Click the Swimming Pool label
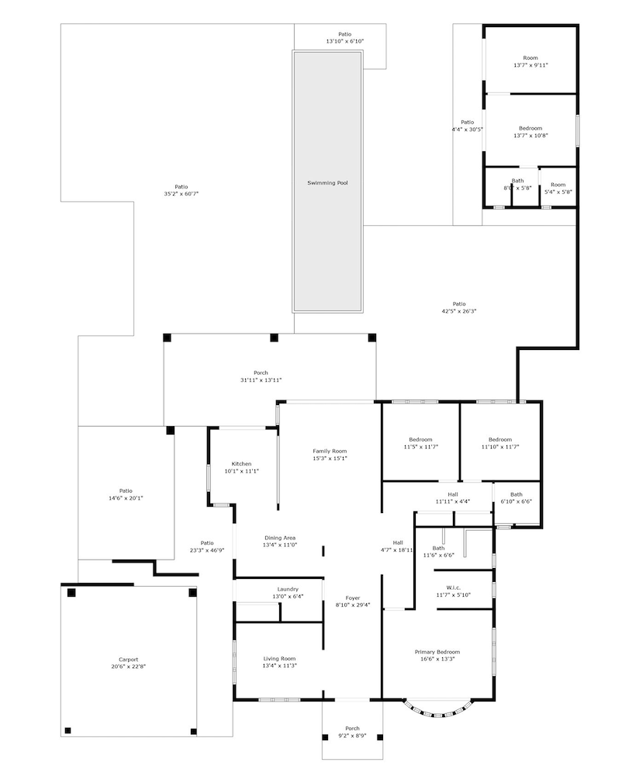(327, 183)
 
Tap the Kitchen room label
(241, 464)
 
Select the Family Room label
(330, 451)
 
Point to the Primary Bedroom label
(437, 652)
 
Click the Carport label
(129, 659)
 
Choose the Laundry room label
(288, 589)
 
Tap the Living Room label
(279, 658)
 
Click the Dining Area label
(280, 538)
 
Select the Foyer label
(353, 598)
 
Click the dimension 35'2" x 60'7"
(181, 194)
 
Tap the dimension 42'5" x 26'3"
(459, 311)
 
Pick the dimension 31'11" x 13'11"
(261, 380)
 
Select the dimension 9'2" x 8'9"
(353, 736)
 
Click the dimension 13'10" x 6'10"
(345, 42)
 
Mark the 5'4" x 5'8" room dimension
(558, 192)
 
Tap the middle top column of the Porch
(274, 338)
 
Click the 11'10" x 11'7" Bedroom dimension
(500, 447)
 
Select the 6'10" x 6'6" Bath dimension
(517, 501)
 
